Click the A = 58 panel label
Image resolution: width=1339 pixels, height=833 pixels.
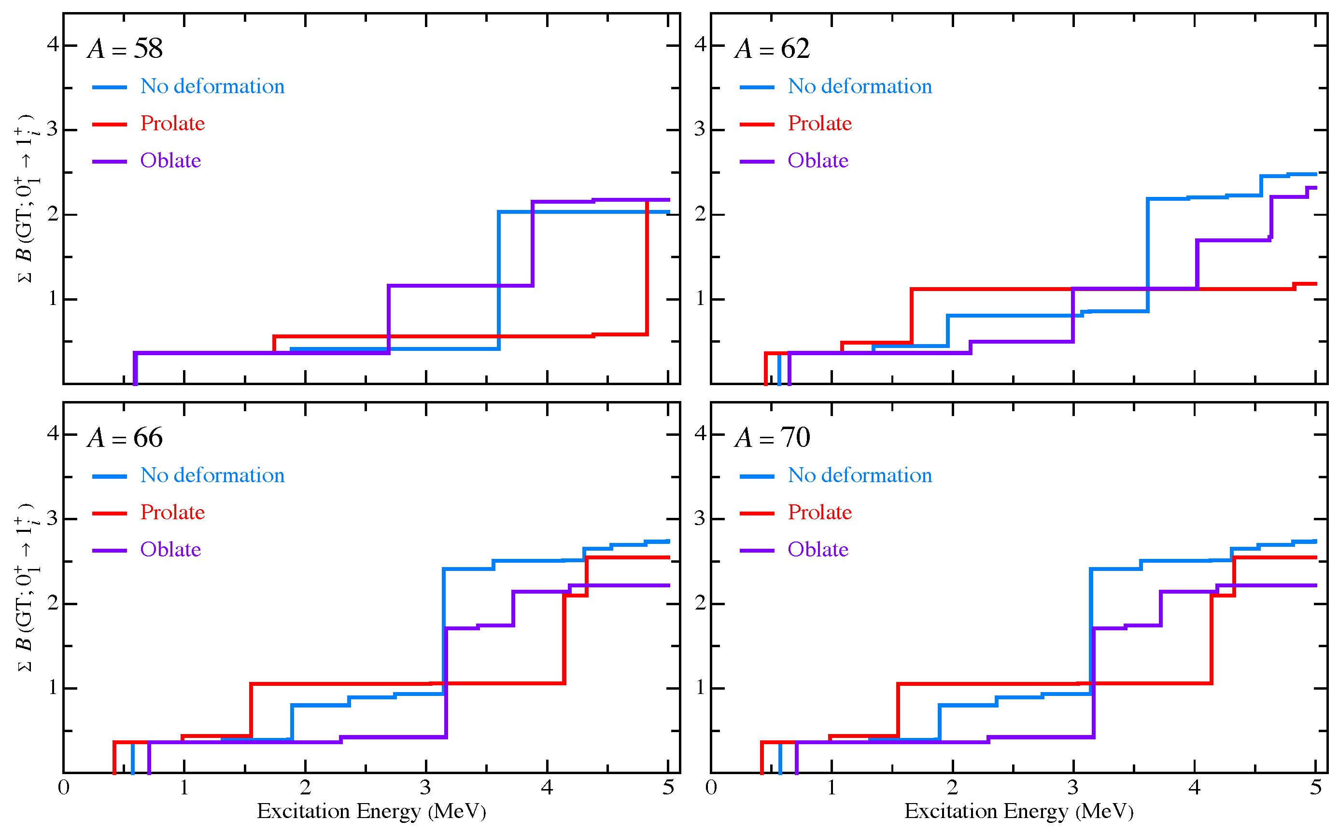(x=125, y=49)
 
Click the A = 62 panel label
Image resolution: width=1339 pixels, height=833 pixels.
(x=772, y=49)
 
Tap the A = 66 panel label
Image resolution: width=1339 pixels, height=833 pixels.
(x=125, y=438)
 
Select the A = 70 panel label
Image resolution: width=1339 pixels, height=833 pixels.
(x=772, y=438)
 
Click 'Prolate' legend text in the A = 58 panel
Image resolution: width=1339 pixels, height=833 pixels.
(x=172, y=124)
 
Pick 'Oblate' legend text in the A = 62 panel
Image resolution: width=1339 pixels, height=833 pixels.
(x=817, y=160)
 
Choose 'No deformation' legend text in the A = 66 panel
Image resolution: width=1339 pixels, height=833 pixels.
(x=212, y=475)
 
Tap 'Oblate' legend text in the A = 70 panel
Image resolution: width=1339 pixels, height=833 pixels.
(x=817, y=549)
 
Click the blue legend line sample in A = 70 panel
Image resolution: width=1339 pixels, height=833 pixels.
(x=756, y=476)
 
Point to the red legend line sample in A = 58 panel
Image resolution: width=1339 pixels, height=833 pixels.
(x=109, y=125)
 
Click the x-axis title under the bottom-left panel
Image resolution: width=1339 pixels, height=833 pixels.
(x=371, y=811)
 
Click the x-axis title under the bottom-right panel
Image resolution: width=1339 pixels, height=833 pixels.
(x=1018, y=811)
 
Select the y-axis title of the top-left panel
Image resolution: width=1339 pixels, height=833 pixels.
(x=25, y=198)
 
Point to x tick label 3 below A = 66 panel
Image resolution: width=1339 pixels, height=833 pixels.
(x=425, y=788)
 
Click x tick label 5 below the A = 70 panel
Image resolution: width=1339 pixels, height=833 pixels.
(x=1316, y=788)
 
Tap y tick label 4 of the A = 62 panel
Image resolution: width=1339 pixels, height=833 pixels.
(x=700, y=44)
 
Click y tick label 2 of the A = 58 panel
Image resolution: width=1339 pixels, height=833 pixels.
(x=53, y=214)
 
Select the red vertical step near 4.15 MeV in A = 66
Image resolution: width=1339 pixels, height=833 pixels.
(x=564, y=639)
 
